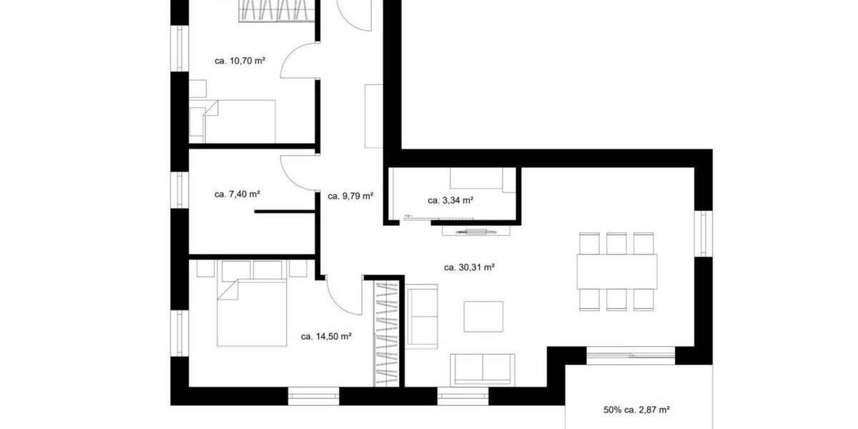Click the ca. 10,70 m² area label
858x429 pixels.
[240, 61]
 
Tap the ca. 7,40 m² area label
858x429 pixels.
[237, 194]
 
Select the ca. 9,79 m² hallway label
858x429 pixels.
[350, 195]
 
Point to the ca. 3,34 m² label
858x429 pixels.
[450, 200]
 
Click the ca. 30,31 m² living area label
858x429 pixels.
[470, 267]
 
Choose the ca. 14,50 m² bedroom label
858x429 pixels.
[325, 335]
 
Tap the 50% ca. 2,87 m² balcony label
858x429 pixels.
[636, 410]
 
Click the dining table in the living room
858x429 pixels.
[616, 271]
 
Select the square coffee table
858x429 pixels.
[483, 316]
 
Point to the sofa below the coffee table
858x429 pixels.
[483, 369]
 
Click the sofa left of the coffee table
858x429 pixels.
[422, 315]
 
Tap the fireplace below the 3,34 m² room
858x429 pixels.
[472, 231]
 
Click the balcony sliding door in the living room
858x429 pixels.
[629, 352]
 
